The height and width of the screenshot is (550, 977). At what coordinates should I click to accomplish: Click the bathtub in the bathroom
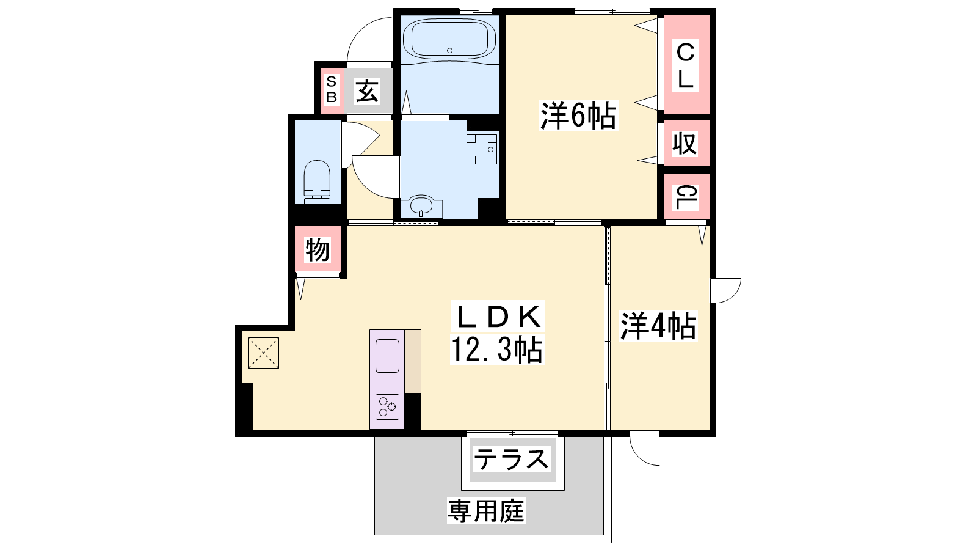point(449,39)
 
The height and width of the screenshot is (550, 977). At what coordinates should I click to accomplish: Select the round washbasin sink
point(421,205)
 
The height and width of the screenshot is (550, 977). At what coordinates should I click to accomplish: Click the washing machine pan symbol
point(482,149)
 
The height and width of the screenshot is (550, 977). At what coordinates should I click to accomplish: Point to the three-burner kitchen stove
point(387,407)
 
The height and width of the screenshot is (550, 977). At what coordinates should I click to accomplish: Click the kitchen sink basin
point(387,356)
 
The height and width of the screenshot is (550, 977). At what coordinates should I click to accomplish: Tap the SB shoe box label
point(332,89)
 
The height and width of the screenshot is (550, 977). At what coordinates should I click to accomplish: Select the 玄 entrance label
point(367,91)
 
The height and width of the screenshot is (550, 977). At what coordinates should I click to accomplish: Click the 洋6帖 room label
point(578,116)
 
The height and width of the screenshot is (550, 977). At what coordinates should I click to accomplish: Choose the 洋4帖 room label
point(658,326)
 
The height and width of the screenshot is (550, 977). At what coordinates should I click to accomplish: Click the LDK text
point(498,317)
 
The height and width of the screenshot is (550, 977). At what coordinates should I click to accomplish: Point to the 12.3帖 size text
point(497,350)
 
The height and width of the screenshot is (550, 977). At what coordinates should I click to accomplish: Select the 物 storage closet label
point(317,250)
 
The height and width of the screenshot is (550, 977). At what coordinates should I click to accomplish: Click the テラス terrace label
point(511,459)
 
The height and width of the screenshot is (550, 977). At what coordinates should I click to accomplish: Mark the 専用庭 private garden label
point(486,510)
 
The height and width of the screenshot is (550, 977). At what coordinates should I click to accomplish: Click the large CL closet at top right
point(685,65)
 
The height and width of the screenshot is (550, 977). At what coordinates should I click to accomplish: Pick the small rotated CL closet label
point(685,197)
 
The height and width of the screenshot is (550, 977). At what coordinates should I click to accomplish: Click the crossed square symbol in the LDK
point(263,353)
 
